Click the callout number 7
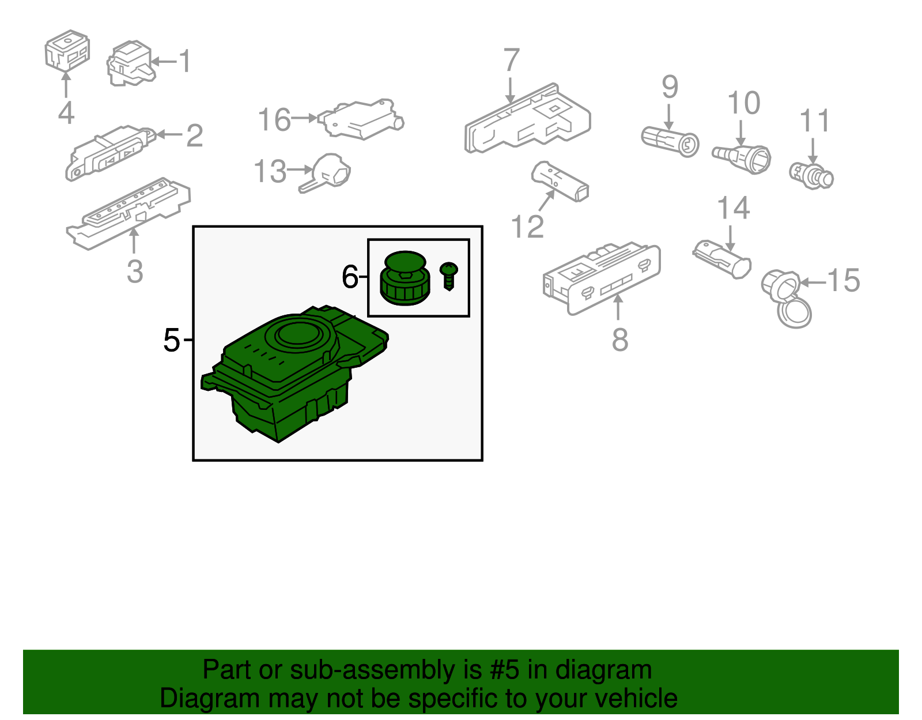click(x=512, y=60)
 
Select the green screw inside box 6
click(x=448, y=276)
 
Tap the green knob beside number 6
click(x=405, y=278)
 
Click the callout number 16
click(x=274, y=120)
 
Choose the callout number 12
click(x=527, y=227)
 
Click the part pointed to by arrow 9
click(x=670, y=142)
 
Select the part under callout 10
click(x=742, y=159)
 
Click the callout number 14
click(x=733, y=208)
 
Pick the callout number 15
click(x=844, y=280)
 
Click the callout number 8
click(x=620, y=340)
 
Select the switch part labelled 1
click(x=131, y=63)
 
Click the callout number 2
click(x=195, y=136)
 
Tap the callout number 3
click(x=135, y=271)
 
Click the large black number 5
click(x=171, y=340)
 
